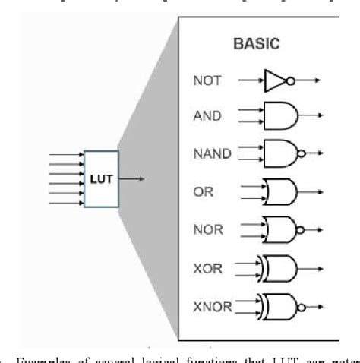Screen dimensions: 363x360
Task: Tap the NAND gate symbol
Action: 278,153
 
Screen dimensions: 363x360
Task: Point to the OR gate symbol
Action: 279,190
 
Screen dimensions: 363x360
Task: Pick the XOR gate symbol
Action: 280,267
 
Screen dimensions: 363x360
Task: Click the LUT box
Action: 101,178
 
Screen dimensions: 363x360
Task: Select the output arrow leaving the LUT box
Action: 131,178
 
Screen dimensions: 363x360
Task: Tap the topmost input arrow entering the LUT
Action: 66,155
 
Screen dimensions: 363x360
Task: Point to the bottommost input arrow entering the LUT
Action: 66,203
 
